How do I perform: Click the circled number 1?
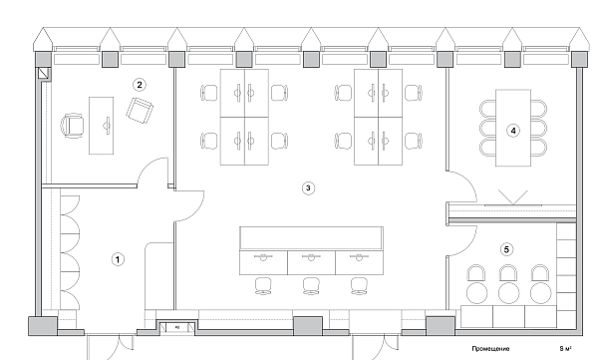pyautogui.click(x=118, y=258)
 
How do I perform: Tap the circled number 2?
pyautogui.click(x=141, y=84)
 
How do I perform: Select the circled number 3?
pyautogui.click(x=309, y=186)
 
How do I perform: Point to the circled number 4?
pyautogui.click(x=514, y=130)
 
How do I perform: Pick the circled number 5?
pyautogui.click(x=507, y=249)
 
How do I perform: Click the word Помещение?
pyautogui.click(x=490, y=349)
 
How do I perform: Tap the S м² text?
pyautogui.click(x=566, y=349)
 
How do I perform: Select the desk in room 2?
pyautogui.click(x=103, y=124)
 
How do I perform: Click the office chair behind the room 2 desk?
pyautogui.click(x=73, y=125)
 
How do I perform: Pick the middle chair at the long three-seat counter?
pyautogui.click(x=310, y=285)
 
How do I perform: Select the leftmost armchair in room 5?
pyautogui.click(x=475, y=274)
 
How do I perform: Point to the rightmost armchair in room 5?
pyautogui.click(x=541, y=274)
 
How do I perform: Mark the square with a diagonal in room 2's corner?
pyautogui.click(x=42, y=74)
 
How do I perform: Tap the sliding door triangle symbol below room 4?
pyautogui.click(x=515, y=196)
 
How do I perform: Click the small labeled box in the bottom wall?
pyautogui.click(x=175, y=325)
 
